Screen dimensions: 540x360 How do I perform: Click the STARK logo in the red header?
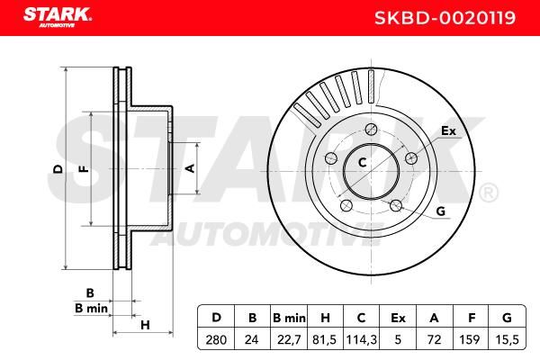coord(58,16)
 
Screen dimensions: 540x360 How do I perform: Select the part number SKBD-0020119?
coord(445,18)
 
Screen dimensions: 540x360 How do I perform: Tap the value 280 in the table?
coord(216,340)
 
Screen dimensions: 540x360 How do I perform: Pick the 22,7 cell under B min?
coord(289,340)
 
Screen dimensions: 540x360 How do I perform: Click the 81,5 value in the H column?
coord(324,340)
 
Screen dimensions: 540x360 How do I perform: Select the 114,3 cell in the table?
coord(361,340)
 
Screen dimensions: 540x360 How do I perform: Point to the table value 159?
coord(470,340)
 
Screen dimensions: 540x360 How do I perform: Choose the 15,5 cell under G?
coord(507,340)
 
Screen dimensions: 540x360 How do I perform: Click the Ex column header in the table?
coord(398,318)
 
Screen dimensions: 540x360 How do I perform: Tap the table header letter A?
coord(434,318)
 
